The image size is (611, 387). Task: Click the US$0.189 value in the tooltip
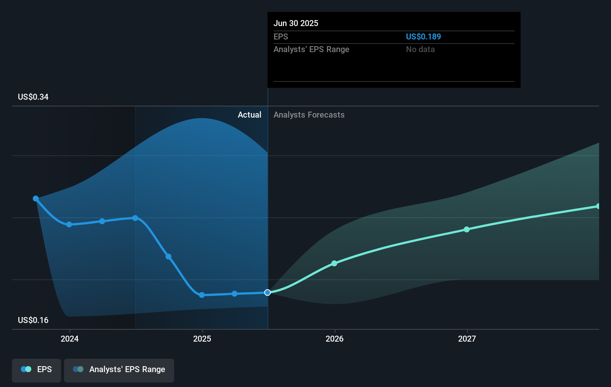pyautogui.click(x=423, y=36)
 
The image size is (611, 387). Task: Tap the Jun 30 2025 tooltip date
pyautogui.click(x=296, y=23)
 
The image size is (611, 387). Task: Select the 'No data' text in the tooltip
pyautogui.click(x=420, y=49)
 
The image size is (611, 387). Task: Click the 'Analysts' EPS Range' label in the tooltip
pyautogui.click(x=311, y=49)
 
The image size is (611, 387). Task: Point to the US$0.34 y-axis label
pyautogui.click(x=33, y=97)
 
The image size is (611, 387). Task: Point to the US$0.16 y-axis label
pyautogui.click(x=33, y=320)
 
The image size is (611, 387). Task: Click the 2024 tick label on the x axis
pyautogui.click(x=70, y=339)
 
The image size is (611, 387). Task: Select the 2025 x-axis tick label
pyautogui.click(x=202, y=339)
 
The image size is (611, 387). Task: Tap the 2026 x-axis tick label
pyautogui.click(x=335, y=339)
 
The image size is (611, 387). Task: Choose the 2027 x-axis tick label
pyautogui.click(x=467, y=339)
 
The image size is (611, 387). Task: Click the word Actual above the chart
pyautogui.click(x=249, y=115)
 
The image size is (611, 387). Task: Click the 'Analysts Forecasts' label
pyautogui.click(x=309, y=115)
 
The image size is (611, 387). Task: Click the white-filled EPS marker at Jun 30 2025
pyautogui.click(x=268, y=292)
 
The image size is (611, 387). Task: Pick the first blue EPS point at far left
pyautogui.click(x=36, y=199)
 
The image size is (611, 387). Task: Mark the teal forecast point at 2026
pyautogui.click(x=334, y=263)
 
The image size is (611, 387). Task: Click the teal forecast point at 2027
pyautogui.click(x=467, y=230)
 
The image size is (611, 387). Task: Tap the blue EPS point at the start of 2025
pyautogui.click(x=202, y=295)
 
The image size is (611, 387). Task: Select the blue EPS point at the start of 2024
pyautogui.click(x=69, y=224)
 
